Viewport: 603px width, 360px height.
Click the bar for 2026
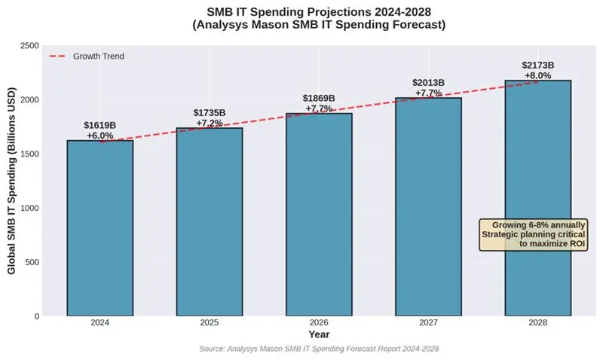[x=319, y=215]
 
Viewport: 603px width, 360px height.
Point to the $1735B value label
[x=209, y=113]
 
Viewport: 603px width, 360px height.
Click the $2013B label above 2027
[x=428, y=83]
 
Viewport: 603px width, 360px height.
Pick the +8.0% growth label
[x=537, y=75]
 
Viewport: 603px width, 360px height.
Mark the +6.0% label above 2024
[x=99, y=136]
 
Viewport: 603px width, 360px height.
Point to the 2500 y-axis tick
[x=29, y=46]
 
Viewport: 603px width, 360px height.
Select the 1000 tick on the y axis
[x=29, y=208]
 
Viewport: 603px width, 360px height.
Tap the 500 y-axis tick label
[x=32, y=262]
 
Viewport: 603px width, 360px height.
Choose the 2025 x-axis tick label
[x=209, y=322]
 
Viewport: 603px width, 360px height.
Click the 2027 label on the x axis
[x=428, y=322]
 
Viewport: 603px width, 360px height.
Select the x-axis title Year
[x=319, y=334]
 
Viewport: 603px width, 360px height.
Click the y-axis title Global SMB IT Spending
[x=13, y=181]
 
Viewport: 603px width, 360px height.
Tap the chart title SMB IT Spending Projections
[x=319, y=11]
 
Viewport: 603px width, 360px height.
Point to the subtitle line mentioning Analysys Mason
[x=319, y=25]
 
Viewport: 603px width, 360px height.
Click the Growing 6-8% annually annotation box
[x=534, y=234]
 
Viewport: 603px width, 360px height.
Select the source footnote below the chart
[x=319, y=349]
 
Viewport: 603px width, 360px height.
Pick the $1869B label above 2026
[x=319, y=99]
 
